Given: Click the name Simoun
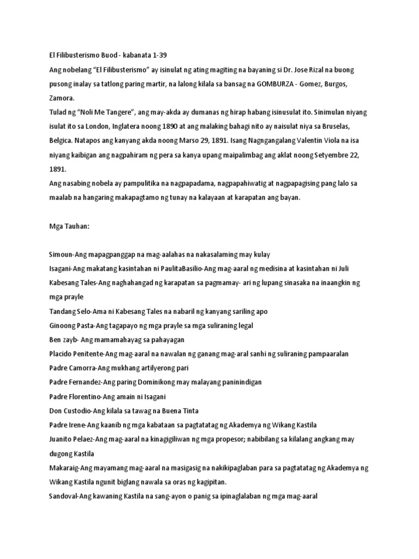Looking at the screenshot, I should coord(62,254).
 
